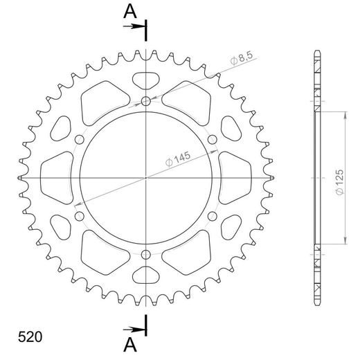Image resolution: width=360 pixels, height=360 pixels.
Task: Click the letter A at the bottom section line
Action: tap(130, 344)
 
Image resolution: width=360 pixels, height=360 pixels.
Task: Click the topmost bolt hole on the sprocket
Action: tap(146, 102)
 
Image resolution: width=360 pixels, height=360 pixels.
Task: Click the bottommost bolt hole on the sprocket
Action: tap(146, 255)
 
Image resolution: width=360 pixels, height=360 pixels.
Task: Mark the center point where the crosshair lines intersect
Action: tap(146, 178)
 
